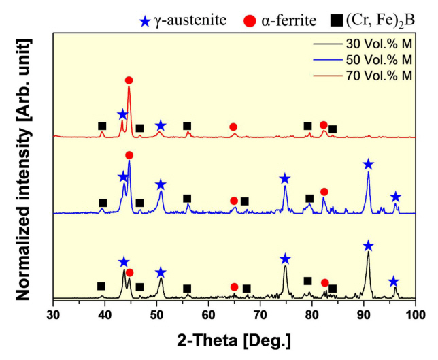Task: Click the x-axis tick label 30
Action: point(53,314)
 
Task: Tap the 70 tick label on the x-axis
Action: point(260,314)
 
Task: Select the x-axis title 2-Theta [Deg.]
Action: point(235,338)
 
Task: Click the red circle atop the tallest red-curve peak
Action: point(129,80)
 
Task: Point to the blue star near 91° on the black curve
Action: point(368,246)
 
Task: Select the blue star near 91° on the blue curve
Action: point(368,164)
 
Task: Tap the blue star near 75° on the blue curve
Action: point(285,178)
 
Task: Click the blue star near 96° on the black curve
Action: point(393,281)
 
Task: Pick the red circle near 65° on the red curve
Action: point(233,127)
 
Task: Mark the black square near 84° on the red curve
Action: point(333,129)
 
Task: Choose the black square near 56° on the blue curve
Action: point(187,199)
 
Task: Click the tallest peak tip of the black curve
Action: point(368,254)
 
